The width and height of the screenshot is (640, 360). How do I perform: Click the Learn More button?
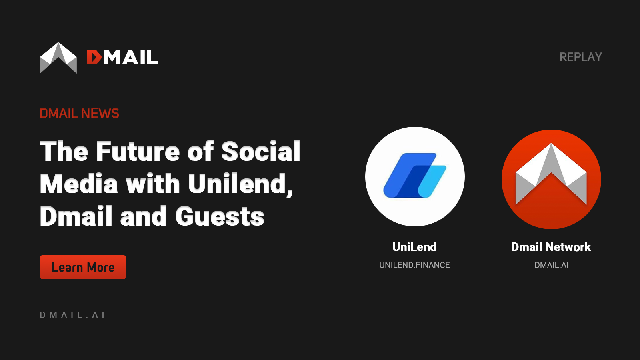(x=83, y=267)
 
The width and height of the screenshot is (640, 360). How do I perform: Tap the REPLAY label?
(x=580, y=57)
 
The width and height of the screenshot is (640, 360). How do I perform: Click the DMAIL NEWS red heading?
(x=79, y=114)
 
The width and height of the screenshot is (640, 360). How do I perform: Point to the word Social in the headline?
(x=260, y=152)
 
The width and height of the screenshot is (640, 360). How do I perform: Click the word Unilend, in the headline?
(x=240, y=184)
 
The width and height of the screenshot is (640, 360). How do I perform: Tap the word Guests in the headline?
(x=220, y=216)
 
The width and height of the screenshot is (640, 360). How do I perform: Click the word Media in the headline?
(x=79, y=184)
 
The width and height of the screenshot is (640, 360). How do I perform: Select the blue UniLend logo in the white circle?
(x=415, y=176)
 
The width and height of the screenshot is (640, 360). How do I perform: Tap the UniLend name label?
(x=414, y=247)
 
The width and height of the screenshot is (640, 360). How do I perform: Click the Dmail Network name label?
(x=551, y=247)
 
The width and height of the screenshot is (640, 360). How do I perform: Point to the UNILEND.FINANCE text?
(x=414, y=265)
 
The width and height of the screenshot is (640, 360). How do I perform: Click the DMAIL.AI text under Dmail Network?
(x=551, y=265)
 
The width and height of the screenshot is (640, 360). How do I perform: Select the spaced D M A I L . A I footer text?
(x=72, y=315)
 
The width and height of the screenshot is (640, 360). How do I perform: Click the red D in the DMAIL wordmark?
(x=94, y=58)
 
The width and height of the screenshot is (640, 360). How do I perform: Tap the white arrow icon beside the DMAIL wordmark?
(x=58, y=58)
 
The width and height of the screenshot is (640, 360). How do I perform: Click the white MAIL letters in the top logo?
(x=131, y=58)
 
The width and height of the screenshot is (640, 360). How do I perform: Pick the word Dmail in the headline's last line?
(x=76, y=216)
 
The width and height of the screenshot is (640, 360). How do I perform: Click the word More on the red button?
(x=101, y=267)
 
